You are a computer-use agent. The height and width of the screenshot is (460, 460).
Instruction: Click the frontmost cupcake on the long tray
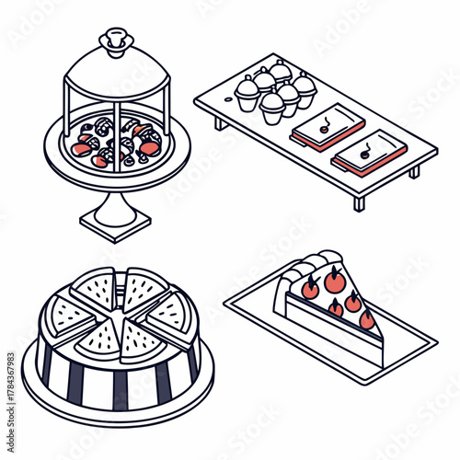point(272,107)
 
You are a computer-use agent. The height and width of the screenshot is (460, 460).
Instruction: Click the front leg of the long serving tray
point(359,201)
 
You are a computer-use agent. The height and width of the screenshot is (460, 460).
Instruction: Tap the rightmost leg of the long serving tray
point(415,171)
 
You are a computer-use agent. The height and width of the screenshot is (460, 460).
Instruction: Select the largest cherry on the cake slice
point(334,280)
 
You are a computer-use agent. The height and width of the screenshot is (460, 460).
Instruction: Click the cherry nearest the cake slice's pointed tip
point(366,319)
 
